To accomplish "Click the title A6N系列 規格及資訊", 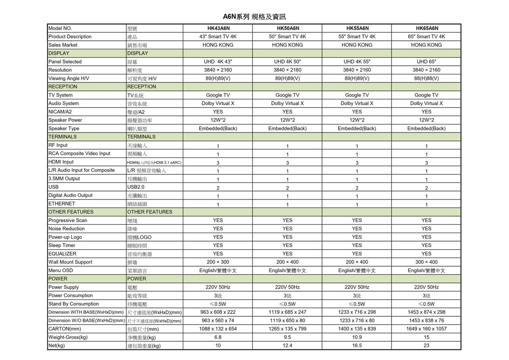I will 254,17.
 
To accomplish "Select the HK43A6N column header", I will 218,28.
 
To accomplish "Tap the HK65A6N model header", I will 426,28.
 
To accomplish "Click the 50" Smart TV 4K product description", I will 287,37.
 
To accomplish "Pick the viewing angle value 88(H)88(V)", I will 426,78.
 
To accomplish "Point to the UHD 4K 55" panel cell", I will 357,62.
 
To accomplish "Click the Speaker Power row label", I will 65,120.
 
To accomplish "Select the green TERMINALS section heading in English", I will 63,137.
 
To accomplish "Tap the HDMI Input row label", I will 61,162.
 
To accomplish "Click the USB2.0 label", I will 136,187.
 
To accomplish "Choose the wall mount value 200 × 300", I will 218,262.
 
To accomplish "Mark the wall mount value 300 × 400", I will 426,262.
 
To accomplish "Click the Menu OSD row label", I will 61,270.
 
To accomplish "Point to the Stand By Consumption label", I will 73,304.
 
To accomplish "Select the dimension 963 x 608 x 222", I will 218,312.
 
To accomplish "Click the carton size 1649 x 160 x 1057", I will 426,329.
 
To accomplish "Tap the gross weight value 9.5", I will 287,337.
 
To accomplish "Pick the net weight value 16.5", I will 357,346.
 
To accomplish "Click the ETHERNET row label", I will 62,203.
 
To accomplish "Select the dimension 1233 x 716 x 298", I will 357,312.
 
